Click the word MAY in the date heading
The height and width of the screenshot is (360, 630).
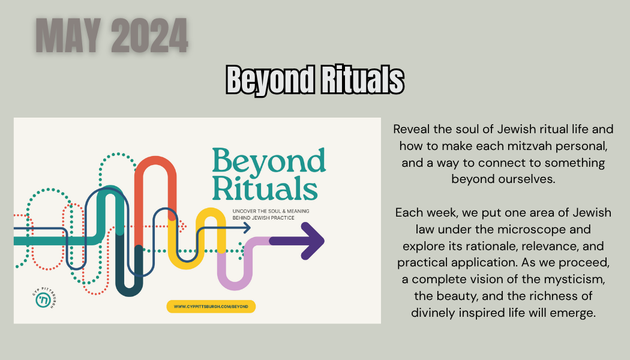[x=68, y=35]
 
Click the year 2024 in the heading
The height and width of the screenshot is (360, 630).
[x=149, y=35]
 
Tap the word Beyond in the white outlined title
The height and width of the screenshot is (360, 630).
[x=271, y=80]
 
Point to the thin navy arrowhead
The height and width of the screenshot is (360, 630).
[x=246, y=228]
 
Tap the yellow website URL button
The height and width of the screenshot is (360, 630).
[x=211, y=307]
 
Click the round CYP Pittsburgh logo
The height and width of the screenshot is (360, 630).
[x=43, y=299]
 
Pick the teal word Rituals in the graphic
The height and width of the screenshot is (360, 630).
[x=265, y=188]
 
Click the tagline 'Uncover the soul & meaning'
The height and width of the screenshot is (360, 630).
[x=271, y=211]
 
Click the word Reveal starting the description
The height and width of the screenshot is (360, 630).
[x=412, y=129]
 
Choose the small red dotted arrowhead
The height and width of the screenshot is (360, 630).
[x=183, y=226]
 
